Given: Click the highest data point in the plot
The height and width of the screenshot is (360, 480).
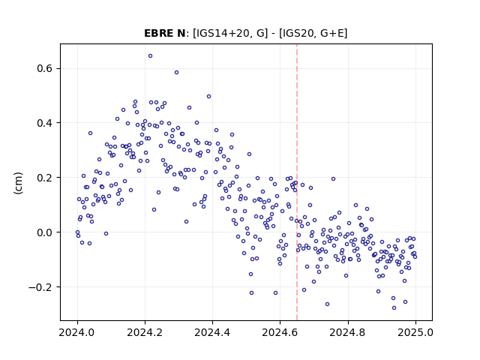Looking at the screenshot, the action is (150, 56).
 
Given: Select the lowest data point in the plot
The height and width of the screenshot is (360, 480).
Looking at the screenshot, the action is (394, 307).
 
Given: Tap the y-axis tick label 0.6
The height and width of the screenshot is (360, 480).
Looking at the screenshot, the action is (45, 68).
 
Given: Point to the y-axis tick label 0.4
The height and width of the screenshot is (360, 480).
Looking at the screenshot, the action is (45, 123).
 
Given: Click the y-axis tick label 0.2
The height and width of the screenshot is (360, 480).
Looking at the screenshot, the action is (45, 178).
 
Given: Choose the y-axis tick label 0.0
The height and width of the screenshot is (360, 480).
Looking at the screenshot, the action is (45, 232).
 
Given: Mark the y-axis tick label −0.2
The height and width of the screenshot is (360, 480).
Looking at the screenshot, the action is (40, 287).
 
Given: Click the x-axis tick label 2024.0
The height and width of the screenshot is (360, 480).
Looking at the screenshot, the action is (77, 332).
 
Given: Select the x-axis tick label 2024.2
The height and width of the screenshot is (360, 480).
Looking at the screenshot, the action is (145, 332).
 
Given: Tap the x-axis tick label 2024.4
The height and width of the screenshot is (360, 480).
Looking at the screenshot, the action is (212, 332).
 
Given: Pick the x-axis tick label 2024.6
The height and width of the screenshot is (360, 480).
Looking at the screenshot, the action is (280, 332).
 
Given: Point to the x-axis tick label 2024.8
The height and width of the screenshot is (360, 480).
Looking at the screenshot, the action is (347, 332).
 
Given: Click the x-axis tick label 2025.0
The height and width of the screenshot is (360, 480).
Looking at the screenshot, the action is (415, 332).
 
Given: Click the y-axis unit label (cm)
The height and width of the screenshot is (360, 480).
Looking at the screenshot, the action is (18, 183).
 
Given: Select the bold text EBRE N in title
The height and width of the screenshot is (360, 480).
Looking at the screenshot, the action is (165, 33).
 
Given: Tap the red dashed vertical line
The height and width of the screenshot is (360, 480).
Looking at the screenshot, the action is (297, 182).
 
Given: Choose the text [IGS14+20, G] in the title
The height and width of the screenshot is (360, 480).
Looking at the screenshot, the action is (230, 33).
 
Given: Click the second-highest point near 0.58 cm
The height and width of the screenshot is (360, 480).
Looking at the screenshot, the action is (177, 73).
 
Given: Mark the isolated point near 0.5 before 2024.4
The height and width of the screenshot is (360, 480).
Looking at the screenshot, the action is (208, 97).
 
